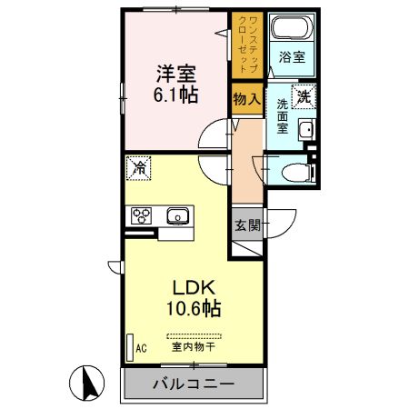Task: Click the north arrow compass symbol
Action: tap(86, 383)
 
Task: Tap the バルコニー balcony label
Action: tap(194, 384)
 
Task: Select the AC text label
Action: tap(141, 348)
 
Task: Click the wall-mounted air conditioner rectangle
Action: tap(130, 347)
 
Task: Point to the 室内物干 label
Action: tap(194, 346)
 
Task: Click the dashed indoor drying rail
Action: tap(194, 335)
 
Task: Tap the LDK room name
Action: tap(194, 288)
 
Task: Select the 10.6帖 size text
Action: tap(194, 308)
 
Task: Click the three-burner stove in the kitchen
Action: tap(141, 215)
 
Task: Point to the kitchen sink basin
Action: tap(178, 216)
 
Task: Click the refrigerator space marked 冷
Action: tap(138, 168)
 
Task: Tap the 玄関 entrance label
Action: tap(247, 225)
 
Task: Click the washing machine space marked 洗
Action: tap(304, 96)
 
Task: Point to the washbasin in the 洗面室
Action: tap(307, 130)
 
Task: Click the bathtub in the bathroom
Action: tap(293, 27)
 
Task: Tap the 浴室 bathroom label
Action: tap(292, 57)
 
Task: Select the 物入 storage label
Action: tap(247, 99)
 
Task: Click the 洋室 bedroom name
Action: tap(176, 74)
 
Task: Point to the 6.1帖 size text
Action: tap(176, 95)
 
